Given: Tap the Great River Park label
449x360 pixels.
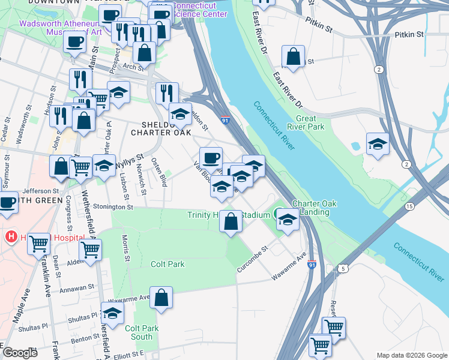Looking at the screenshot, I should tap(306, 123).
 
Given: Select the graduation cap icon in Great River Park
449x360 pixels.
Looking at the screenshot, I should tap(378, 144).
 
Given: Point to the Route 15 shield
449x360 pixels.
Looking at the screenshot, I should tap(409, 206).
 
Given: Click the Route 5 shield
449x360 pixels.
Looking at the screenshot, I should tap(343, 268).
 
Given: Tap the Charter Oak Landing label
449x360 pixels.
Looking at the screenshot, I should tap(310, 208).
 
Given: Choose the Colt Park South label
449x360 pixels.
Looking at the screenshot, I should tap(142, 332).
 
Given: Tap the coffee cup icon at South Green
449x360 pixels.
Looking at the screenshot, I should tap(8, 203).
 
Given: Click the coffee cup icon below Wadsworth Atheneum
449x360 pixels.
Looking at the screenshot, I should tap(74, 42).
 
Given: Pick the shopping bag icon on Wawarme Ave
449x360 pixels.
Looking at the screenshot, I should tap(161, 298).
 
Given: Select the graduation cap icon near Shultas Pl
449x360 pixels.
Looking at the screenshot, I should tap(112, 314).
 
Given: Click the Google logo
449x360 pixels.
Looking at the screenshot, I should tap(20, 353).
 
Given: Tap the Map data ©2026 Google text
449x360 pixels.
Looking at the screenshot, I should tap(412, 355).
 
